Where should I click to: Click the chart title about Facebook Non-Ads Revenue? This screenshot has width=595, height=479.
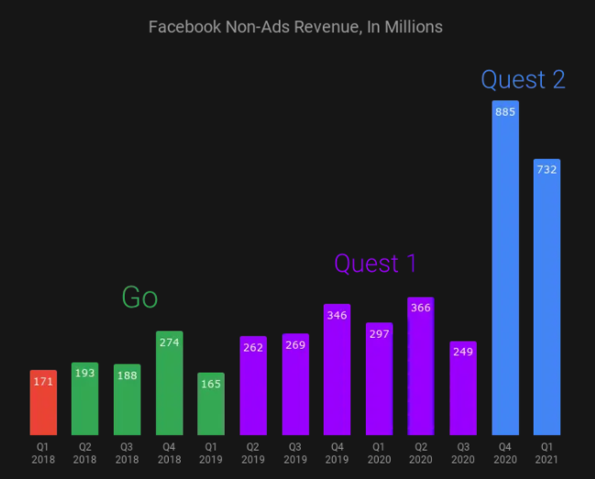click(x=295, y=28)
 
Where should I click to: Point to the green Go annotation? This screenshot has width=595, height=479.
click(x=139, y=297)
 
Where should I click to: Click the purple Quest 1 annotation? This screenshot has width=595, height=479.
click(x=375, y=264)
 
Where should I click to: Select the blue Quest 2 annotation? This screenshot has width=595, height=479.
click(x=523, y=80)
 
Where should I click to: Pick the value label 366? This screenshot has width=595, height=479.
click(x=421, y=308)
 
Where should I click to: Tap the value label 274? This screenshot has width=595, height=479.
click(x=170, y=342)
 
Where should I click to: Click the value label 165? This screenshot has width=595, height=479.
click(x=212, y=384)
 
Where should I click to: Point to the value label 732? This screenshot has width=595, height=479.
click(x=547, y=170)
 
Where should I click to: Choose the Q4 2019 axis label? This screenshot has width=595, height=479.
click(x=337, y=452)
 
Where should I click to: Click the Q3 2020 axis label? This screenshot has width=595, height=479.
click(x=463, y=452)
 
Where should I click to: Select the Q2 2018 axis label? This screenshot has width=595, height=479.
click(x=84, y=452)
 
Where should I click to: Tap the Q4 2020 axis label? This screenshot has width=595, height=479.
click(x=505, y=452)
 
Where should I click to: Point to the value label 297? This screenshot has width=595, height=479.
click(x=380, y=333)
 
